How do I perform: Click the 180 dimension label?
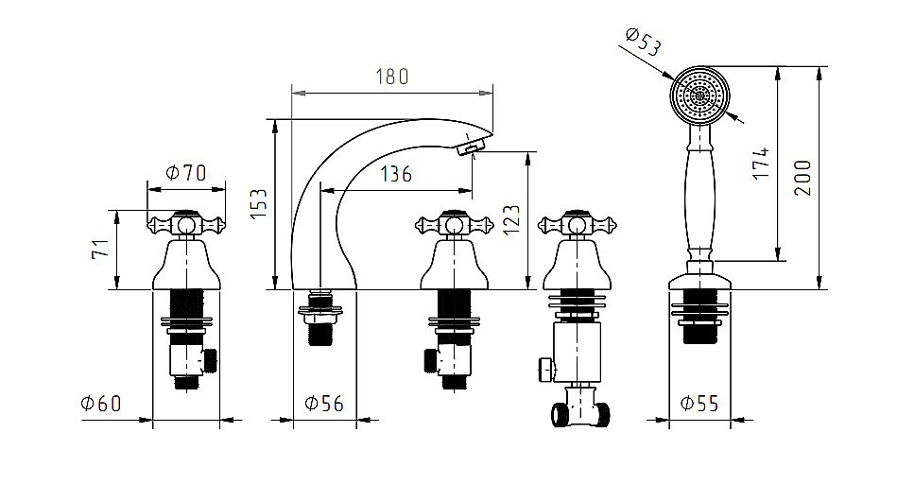click(x=392, y=77)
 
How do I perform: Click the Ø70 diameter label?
click(x=185, y=173)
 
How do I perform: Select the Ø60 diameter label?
click(x=101, y=404)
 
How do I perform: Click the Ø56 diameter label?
click(x=324, y=404)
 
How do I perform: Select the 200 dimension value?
click(x=802, y=177)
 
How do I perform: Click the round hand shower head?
click(x=700, y=95)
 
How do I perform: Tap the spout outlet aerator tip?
click(x=470, y=146)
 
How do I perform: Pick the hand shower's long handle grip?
click(x=700, y=194)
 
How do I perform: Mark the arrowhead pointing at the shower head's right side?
click(x=735, y=115)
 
